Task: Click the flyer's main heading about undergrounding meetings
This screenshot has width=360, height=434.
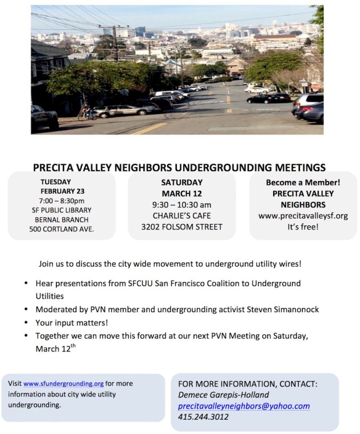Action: click(179, 167)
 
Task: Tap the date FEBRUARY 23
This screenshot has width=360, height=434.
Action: click(62, 191)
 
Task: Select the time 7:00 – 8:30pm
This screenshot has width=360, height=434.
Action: click(62, 201)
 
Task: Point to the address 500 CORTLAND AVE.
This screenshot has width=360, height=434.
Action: click(62, 230)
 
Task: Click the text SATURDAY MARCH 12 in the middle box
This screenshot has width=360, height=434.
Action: click(182, 187)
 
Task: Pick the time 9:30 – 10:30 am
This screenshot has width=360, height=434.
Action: click(182, 204)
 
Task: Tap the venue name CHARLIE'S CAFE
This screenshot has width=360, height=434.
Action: click(182, 216)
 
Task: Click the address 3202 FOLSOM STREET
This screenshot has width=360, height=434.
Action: click(182, 227)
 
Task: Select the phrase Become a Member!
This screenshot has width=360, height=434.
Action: click(302, 182)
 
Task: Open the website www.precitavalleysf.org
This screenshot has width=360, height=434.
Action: click(302, 216)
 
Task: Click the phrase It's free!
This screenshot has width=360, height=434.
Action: click(302, 227)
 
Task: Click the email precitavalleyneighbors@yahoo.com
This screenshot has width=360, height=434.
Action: click(244, 406)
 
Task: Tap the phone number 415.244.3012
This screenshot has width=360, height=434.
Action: click(203, 417)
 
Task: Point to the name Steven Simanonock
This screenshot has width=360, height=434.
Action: click(284, 309)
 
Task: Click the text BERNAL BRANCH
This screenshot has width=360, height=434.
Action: click(62, 220)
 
